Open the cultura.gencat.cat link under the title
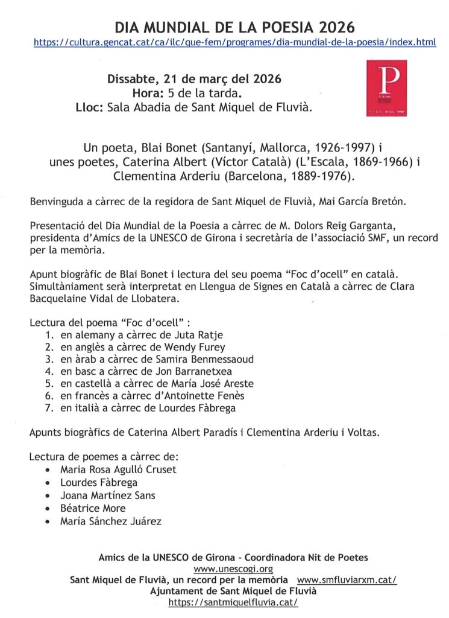point(235,43)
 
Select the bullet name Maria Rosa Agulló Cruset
point(118,470)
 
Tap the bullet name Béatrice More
point(93,508)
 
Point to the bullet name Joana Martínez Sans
point(107,495)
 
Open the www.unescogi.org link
point(233,569)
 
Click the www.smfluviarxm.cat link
point(347,580)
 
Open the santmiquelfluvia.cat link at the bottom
point(233,602)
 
